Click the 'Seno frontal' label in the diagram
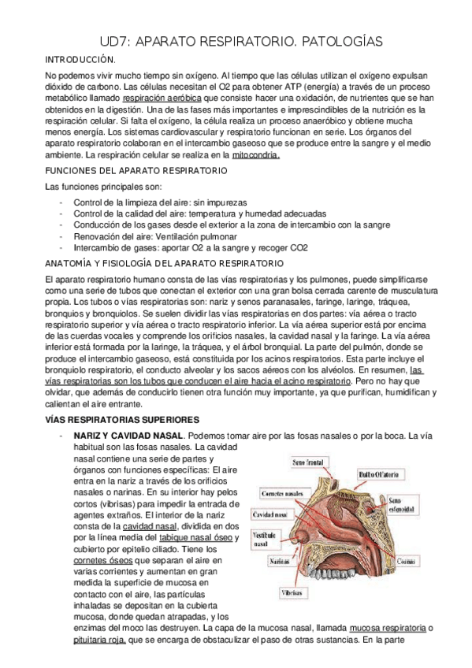(x=309, y=462)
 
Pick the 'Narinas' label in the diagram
(x=264, y=562)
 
